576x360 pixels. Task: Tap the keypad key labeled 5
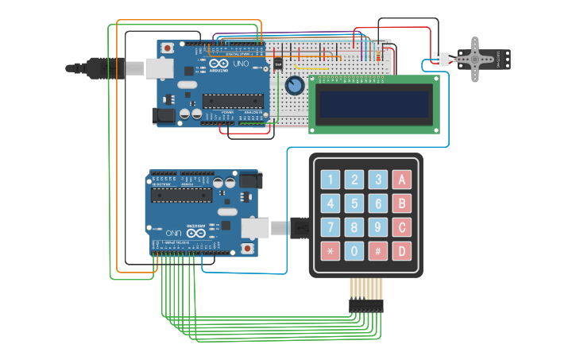[x=354, y=204]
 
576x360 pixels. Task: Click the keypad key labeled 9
[x=379, y=229]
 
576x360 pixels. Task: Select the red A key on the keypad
[x=403, y=180]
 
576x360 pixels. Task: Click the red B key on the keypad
[x=403, y=204]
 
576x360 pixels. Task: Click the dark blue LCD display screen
[x=373, y=103]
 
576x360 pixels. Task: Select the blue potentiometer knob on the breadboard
[x=295, y=85]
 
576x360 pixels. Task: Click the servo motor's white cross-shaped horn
[x=476, y=58]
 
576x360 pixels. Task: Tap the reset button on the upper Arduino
[x=168, y=48]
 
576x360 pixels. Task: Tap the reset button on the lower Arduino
[x=248, y=249]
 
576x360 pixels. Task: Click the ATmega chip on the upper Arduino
[x=231, y=100]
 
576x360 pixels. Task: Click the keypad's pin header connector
[x=365, y=304]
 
